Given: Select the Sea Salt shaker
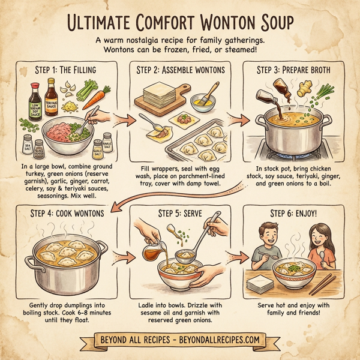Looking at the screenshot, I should coord(26,146).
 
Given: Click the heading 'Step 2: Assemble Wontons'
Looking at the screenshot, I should coord(180,70).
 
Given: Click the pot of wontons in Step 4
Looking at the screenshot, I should coord(63,258).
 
